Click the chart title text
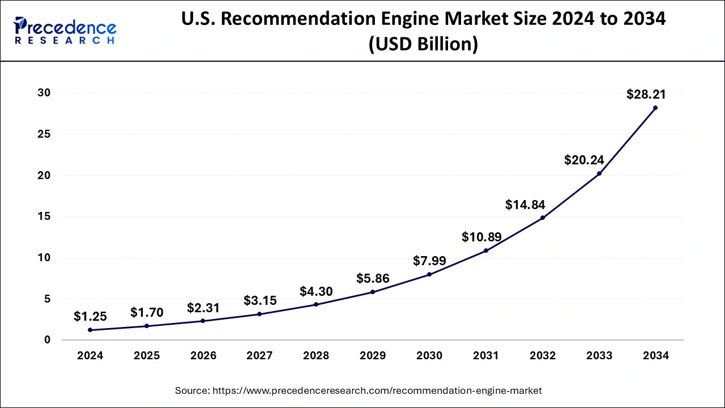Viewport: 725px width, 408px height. [x=423, y=31]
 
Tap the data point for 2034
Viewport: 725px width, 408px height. [x=655, y=108]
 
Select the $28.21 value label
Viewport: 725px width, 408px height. [x=646, y=95]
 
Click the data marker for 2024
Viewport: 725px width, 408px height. [x=90, y=330]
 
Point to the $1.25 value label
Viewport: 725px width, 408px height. [x=90, y=317]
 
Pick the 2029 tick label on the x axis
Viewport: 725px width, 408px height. [x=373, y=356]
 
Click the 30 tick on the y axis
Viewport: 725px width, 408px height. [x=44, y=93]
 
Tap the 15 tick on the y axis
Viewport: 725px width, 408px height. [x=44, y=216]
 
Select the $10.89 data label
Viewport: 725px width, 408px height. [x=481, y=237]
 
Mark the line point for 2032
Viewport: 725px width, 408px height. [x=543, y=218]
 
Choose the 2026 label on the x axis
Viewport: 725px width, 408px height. [x=203, y=356]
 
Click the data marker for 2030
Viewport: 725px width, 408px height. [x=429, y=274]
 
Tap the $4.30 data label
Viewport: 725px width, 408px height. [x=316, y=291]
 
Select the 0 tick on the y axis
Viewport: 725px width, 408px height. [x=48, y=340]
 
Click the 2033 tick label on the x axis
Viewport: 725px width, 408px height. [x=599, y=356]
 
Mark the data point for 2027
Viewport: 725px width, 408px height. [x=260, y=314]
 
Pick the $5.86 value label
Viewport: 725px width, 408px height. [x=373, y=278]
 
